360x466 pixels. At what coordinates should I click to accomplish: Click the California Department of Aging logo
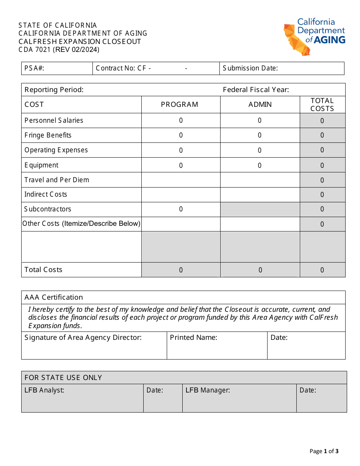(314, 36)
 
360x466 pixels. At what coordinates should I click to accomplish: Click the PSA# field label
(34, 68)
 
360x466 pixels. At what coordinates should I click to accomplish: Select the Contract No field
(155, 68)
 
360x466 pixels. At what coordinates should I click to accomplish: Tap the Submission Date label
(250, 68)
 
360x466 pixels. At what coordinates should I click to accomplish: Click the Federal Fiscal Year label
(256, 90)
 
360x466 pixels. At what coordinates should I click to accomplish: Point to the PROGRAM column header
(180, 105)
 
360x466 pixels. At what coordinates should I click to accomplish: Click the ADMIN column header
(260, 105)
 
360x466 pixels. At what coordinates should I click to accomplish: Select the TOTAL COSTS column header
(322, 105)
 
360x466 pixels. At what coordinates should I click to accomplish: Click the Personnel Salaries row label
(54, 120)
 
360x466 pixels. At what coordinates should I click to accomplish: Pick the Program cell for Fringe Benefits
(181, 135)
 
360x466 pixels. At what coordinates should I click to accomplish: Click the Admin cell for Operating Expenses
(260, 150)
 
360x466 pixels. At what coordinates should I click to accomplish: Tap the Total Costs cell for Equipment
(322, 165)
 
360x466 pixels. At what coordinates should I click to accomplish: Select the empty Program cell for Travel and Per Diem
(181, 180)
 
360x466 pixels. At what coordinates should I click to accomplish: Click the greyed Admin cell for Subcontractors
(260, 209)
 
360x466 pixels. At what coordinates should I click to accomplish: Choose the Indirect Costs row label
(46, 194)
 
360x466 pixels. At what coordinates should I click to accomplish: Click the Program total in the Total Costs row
(181, 270)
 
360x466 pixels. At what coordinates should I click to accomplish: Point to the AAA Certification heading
(54, 297)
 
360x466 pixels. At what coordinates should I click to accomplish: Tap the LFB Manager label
(208, 390)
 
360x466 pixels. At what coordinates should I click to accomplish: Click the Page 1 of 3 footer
(324, 451)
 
